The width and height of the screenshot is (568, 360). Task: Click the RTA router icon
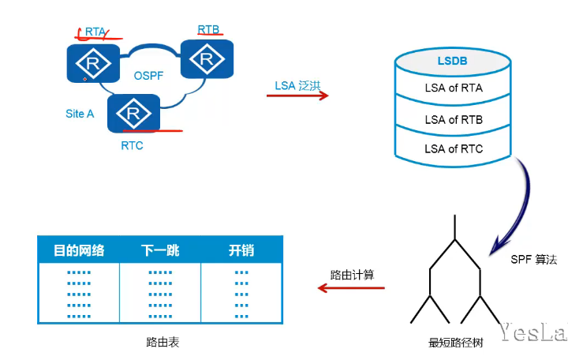click(x=93, y=62)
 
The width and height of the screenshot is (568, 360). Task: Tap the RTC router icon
click(x=133, y=114)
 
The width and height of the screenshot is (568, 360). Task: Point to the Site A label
click(x=80, y=114)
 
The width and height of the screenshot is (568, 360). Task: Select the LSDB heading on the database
click(x=454, y=61)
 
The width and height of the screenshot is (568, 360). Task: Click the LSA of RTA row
click(x=454, y=88)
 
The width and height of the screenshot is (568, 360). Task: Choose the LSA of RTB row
click(x=454, y=119)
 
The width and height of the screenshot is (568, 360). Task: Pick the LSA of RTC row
click(x=454, y=148)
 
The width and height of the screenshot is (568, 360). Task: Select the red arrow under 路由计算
click(x=351, y=287)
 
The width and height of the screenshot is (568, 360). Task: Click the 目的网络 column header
click(x=79, y=250)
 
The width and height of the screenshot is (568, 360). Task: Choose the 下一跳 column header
click(x=160, y=250)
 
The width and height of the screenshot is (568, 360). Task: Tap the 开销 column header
click(x=241, y=250)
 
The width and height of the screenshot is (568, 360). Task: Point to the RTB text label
click(x=208, y=29)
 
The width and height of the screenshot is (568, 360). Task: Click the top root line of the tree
click(x=454, y=227)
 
